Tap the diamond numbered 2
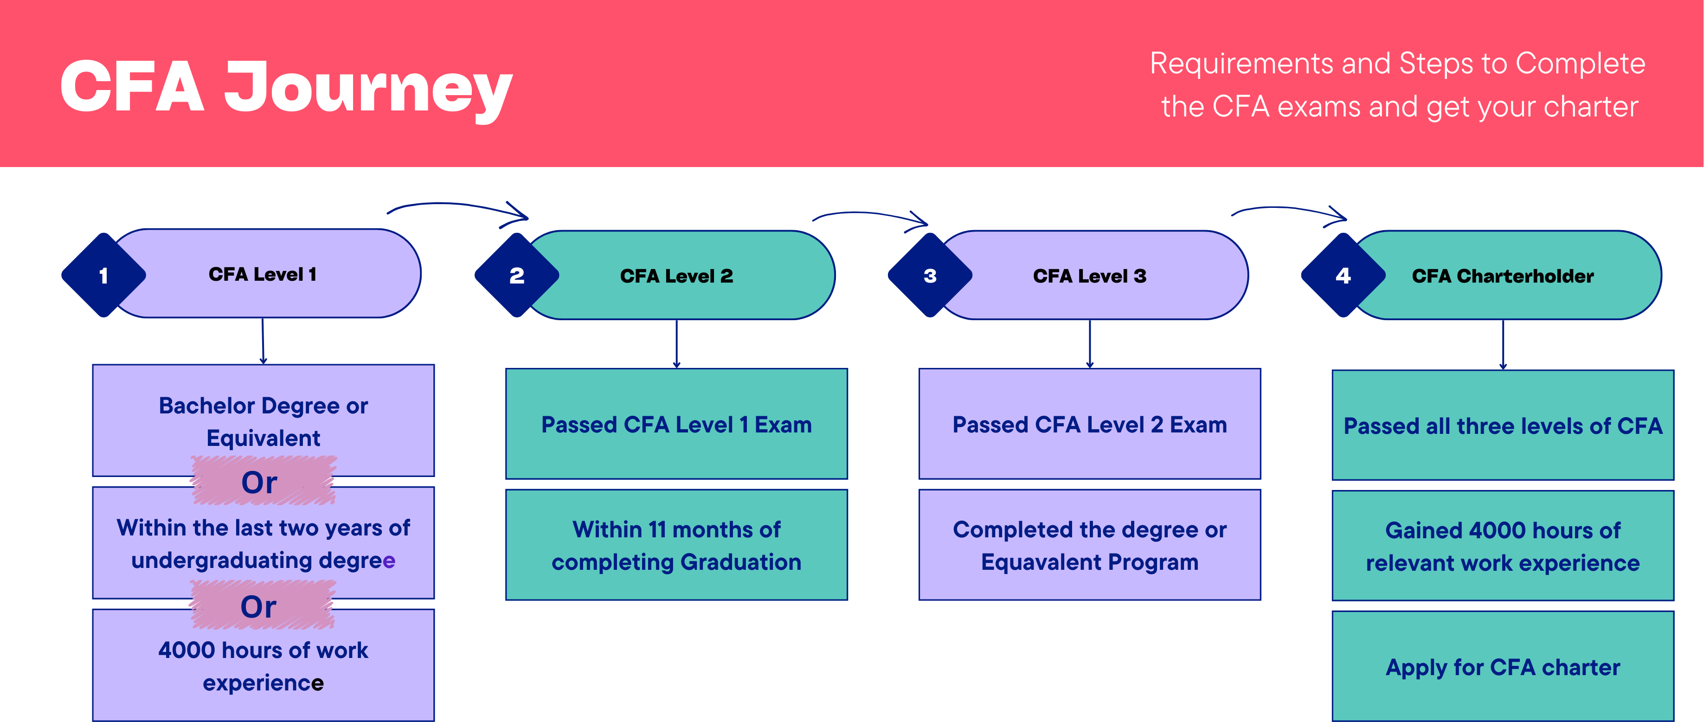(517, 275)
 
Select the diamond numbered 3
(930, 275)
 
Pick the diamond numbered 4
(1343, 275)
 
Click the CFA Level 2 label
(676, 276)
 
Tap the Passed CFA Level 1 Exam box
(676, 424)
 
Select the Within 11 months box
(676, 545)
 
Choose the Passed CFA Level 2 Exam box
(1089, 424)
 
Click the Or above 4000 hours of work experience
(259, 606)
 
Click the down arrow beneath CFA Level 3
(1089, 344)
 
